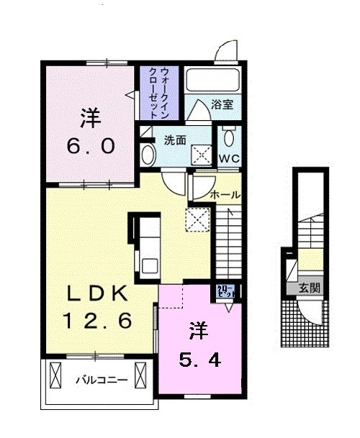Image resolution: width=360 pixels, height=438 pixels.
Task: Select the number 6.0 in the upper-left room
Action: [89, 146]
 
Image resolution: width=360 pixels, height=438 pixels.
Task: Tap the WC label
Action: [230, 158]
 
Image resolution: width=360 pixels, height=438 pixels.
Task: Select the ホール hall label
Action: [225, 195]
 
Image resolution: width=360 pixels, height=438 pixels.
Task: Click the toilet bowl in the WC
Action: [228, 137]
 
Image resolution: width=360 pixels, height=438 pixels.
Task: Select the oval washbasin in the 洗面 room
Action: [148, 154]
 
